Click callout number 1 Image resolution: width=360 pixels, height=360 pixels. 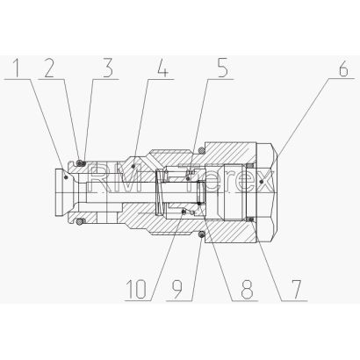18,68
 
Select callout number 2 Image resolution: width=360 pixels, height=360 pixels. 49,68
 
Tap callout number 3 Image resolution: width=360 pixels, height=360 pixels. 108,68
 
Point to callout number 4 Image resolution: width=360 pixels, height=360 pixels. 162,68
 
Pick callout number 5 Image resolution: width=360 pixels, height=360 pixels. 222,68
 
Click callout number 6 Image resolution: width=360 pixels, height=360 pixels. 342,68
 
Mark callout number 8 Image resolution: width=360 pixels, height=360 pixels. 247,290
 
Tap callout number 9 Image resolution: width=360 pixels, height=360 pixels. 176,290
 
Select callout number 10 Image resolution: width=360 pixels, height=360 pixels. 136,290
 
